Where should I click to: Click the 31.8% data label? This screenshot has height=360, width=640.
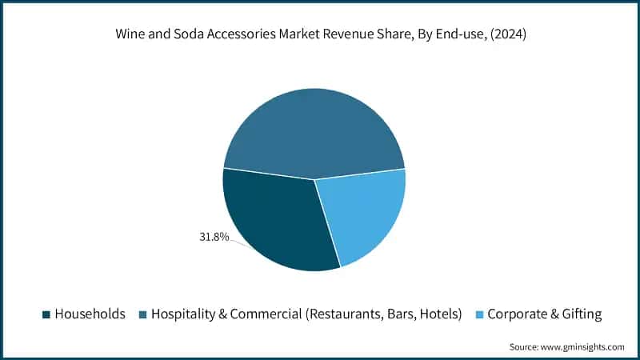click(x=214, y=237)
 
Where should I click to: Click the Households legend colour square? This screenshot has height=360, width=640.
click(x=46, y=314)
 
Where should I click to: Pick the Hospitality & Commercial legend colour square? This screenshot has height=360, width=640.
click(x=143, y=314)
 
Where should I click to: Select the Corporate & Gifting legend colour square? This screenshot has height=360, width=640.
click(x=479, y=314)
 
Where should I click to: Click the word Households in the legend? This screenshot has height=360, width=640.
click(x=90, y=314)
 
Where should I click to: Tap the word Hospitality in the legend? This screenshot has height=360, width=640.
click(x=183, y=314)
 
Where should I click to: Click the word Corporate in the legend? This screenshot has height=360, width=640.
click(x=517, y=314)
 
